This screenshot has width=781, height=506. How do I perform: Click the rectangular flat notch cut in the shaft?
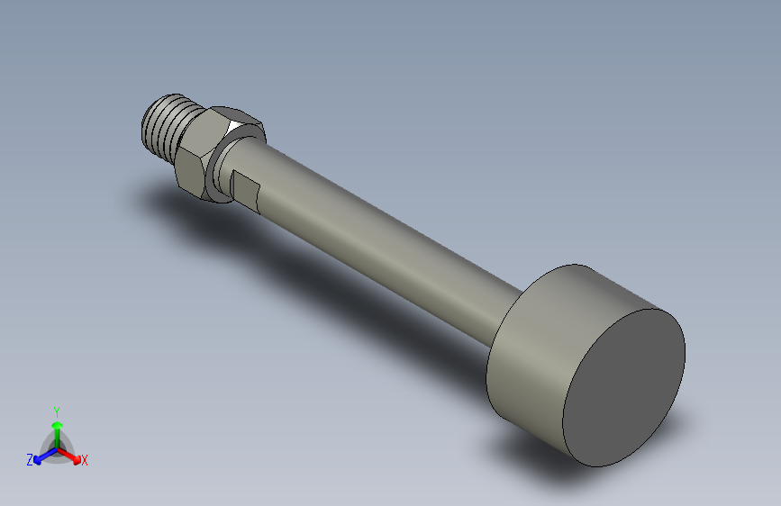click(x=246, y=188)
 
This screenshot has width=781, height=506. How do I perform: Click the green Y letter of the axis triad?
click(x=57, y=411)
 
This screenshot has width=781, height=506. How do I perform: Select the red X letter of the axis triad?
click(x=85, y=460)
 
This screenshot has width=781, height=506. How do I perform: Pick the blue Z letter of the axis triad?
click(x=30, y=459)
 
